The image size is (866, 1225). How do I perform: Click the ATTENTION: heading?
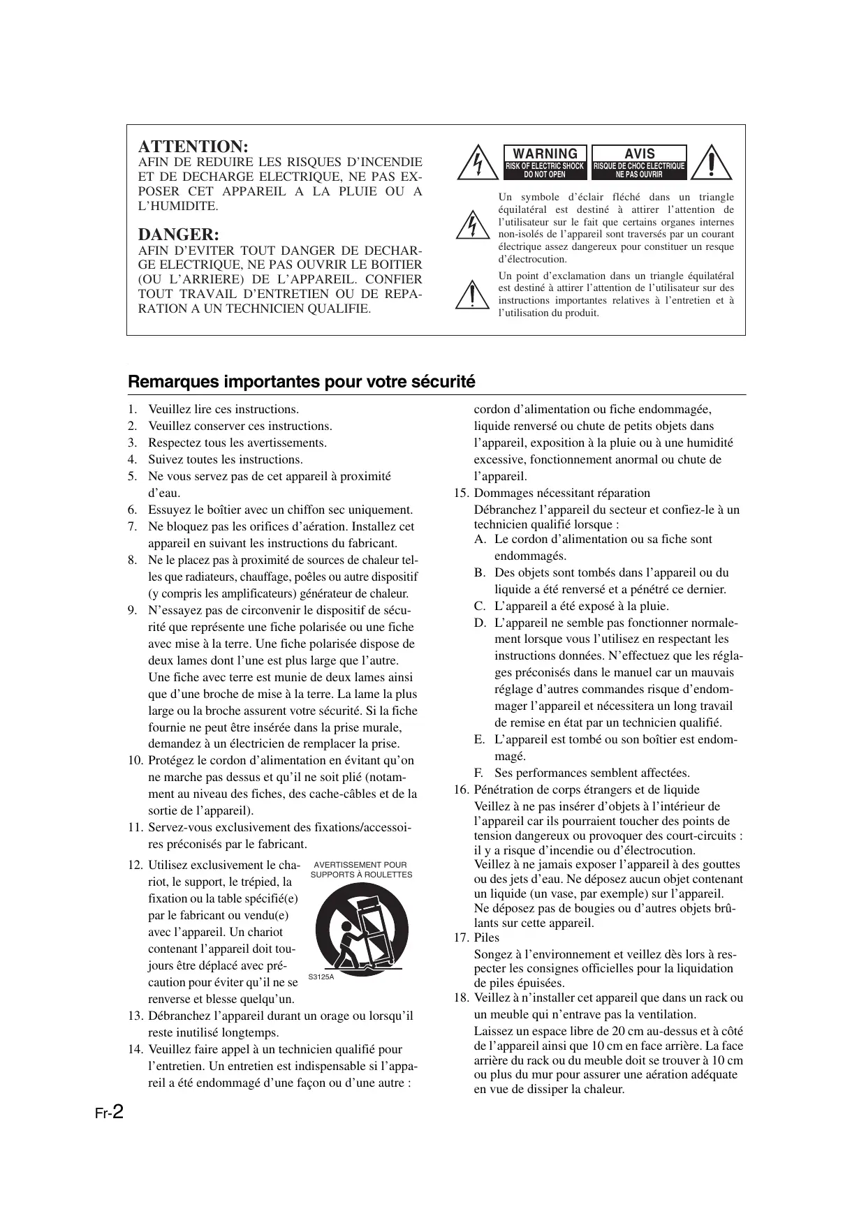click(193, 147)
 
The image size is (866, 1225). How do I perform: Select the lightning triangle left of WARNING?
click(478, 163)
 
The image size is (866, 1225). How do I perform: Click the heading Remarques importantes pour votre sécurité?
click(302, 382)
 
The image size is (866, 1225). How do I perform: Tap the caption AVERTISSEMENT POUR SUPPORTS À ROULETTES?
click(361, 870)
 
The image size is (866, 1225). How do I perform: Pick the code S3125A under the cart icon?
click(321, 977)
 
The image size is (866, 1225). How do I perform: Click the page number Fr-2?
click(110, 1113)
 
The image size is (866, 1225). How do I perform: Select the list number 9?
click(133, 611)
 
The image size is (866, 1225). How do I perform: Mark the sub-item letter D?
click(479, 623)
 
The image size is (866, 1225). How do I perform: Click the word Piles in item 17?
click(487, 937)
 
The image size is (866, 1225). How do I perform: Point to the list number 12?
click(135, 866)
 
